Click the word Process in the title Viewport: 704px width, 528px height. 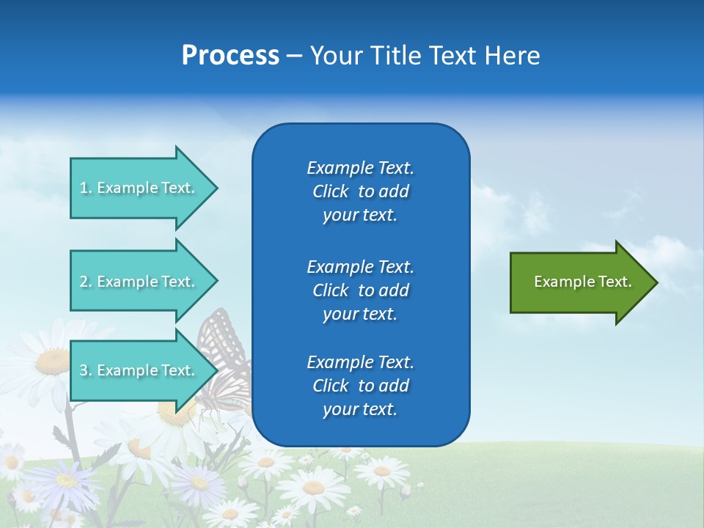tap(230, 56)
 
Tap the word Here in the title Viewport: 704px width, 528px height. tap(512, 56)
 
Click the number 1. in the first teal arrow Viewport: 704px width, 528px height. tap(86, 188)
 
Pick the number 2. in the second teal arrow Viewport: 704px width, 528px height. tap(86, 282)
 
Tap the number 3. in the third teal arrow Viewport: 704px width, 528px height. tap(86, 370)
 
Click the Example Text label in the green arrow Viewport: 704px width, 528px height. tap(582, 282)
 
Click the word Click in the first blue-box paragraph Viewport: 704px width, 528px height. tap(331, 191)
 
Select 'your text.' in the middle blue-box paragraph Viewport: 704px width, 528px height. tap(360, 314)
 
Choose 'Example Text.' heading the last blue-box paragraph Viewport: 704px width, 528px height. tap(360, 362)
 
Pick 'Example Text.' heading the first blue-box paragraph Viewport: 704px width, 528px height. tap(360, 168)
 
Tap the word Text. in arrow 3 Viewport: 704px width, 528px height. tap(178, 370)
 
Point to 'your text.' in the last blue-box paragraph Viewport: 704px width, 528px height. tap(360, 409)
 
